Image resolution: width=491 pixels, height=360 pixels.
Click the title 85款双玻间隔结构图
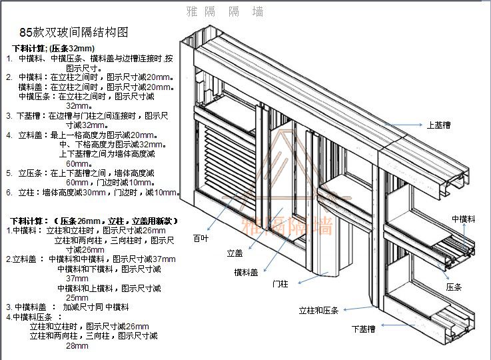click(73, 32)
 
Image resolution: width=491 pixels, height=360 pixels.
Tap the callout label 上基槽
click(438, 125)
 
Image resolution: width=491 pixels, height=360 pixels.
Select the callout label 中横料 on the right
click(463, 219)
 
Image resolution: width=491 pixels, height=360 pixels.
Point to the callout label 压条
click(454, 286)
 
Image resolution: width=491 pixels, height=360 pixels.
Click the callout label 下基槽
click(363, 329)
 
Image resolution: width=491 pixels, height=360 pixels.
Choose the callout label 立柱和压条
click(318, 311)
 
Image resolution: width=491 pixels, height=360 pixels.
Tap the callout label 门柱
click(280, 283)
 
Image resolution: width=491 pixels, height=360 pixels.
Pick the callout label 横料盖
click(246, 271)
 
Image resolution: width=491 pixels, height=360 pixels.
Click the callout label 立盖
click(235, 253)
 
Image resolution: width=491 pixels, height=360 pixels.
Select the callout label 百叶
click(200, 238)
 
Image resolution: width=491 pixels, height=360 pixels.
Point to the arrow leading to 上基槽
click(406, 125)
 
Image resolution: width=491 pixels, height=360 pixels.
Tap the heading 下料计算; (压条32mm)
click(54, 49)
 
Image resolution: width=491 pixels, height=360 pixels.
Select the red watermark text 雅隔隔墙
click(287, 226)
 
